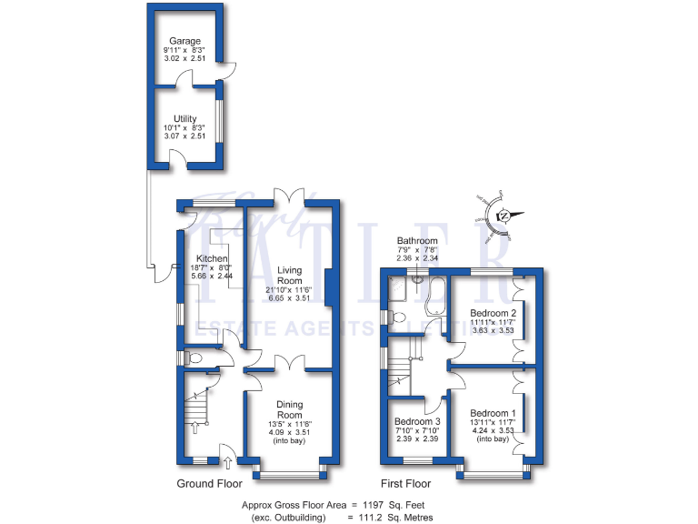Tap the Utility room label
pyautogui.click(x=184, y=118)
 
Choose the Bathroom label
pyautogui.click(x=417, y=241)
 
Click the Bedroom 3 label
pyautogui.click(x=417, y=422)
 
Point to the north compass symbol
pyautogui.click(x=501, y=216)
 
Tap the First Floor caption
pyautogui.click(x=404, y=484)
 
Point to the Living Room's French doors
pyautogui.click(x=290, y=196)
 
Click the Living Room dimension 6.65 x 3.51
pyautogui.click(x=290, y=297)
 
